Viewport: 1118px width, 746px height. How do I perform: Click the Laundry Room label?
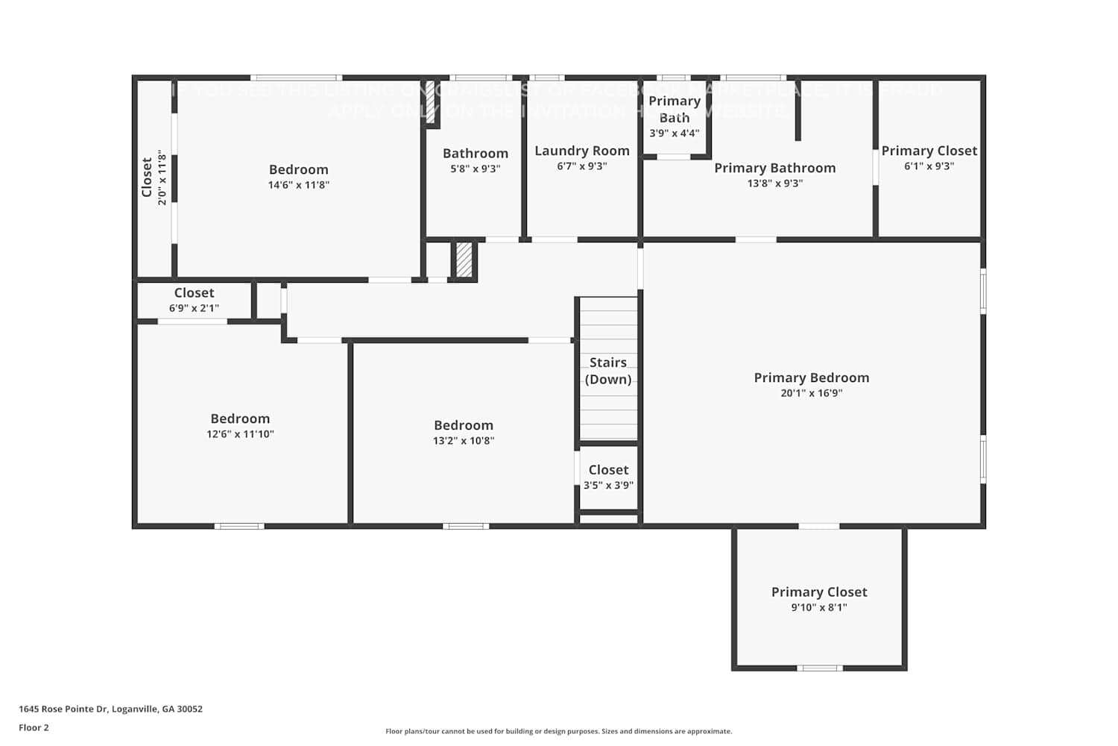click(x=582, y=151)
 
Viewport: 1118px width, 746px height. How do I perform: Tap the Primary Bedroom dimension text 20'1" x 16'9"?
click(x=811, y=393)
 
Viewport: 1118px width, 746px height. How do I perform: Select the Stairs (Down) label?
click(x=608, y=371)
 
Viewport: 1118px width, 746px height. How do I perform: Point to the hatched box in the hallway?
click(x=464, y=260)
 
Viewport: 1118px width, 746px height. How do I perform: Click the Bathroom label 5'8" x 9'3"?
click(x=476, y=154)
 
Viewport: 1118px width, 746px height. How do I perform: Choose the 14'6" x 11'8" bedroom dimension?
click(x=298, y=185)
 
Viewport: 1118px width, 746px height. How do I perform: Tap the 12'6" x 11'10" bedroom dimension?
click(x=240, y=434)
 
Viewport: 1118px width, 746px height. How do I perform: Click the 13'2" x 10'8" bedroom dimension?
click(x=464, y=441)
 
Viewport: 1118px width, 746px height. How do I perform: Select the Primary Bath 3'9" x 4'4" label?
click(x=675, y=109)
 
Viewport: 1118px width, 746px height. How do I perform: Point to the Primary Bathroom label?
click(x=775, y=168)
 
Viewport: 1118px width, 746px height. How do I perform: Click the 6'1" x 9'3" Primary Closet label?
click(x=929, y=151)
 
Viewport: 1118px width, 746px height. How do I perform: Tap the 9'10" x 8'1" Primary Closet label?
click(x=819, y=592)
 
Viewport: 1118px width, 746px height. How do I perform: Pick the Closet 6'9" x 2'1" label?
click(x=194, y=293)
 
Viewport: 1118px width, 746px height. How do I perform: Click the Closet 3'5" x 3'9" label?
click(x=608, y=470)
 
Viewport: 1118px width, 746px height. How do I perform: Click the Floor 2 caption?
click(x=34, y=728)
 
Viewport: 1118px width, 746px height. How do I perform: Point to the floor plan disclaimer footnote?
click(x=558, y=732)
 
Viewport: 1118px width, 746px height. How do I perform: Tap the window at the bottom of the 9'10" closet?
click(x=819, y=668)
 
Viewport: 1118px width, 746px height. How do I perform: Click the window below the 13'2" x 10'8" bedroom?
click(x=466, y=526)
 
